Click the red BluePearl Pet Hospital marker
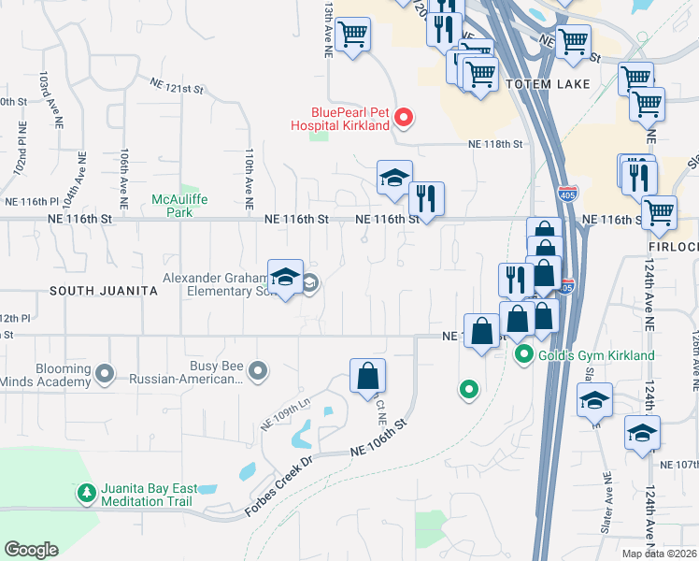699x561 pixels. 404,117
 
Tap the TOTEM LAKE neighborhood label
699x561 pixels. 548,84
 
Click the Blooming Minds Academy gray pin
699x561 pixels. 105,375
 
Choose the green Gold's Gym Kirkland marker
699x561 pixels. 525,355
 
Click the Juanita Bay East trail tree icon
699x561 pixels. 86,492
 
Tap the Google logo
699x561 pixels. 31,549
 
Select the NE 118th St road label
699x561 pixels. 495,145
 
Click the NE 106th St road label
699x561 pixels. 380,438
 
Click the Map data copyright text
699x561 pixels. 659,554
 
